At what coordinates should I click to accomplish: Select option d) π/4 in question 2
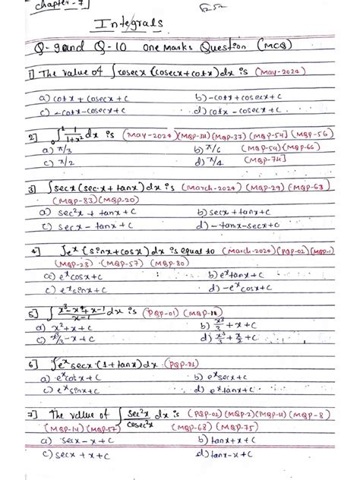pos(210,161)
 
